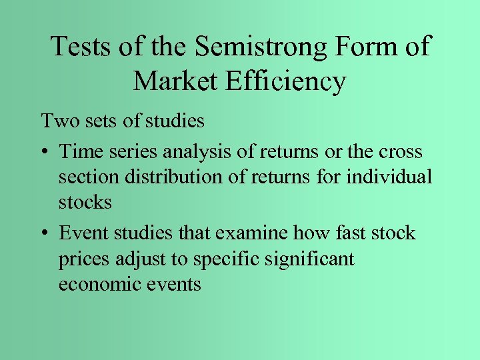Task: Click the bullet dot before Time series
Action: tap(45, 153)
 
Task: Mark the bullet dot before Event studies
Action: tap(45, 234)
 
